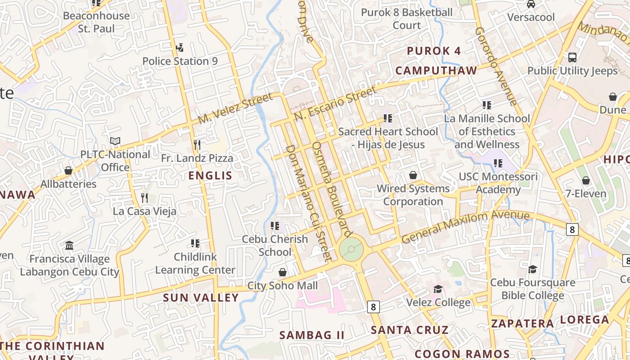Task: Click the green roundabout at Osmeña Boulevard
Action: click(351, 249)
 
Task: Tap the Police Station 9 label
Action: click(180, 61)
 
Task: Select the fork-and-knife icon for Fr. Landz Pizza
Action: click(197, 144)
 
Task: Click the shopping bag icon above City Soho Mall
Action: click(283, 272)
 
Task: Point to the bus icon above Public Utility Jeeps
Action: click(572, 58)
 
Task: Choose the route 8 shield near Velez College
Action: click(373, 307)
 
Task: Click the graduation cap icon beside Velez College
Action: click(438, 289)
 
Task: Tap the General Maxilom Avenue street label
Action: click(465, 226)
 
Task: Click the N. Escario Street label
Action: click(335, 104)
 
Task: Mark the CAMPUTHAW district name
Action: click(436, 71)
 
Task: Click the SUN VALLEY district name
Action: click(201, 297)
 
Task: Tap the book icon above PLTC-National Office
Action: click(115, 141)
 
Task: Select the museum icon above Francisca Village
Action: click(69, 246)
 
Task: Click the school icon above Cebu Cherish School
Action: click(275, 225)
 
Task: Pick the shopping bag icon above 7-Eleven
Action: click(585, 181)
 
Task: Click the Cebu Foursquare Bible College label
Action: click(532, 289)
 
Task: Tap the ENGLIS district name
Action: click(210, 175)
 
